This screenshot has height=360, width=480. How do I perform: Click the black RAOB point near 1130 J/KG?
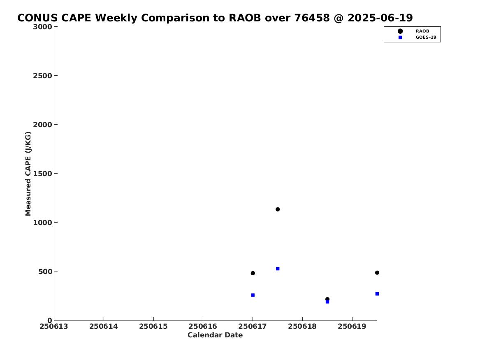[x=278, y=209]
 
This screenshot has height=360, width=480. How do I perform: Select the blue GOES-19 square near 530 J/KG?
[x=278, y=269]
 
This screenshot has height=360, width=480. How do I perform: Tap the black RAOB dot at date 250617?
[x=253, y=273]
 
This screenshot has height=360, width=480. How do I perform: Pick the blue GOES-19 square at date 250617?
[x=253, y=295]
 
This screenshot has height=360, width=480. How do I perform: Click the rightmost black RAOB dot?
[x=377, y=273]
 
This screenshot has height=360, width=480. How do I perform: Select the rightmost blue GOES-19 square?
[x=377, y=294]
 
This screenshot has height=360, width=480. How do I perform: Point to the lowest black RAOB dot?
[x=327, y=299]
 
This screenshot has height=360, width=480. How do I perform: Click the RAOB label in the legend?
[x=422, y=31]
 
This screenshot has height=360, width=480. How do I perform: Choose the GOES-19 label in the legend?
[x=426, y=37]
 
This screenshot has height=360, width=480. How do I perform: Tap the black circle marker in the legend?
[x=400, y=31]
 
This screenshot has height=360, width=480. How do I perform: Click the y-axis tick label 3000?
[x=42, y=27]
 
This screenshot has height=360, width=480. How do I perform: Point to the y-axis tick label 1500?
[x=42, y=174]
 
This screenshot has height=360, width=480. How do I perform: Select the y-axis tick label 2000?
[x=42, y=125]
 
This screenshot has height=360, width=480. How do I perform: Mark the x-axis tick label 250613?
[x=54, y=326]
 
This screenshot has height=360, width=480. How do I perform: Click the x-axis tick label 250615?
[x=153, y=326]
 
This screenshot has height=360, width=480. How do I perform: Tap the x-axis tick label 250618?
[x=302, y=326]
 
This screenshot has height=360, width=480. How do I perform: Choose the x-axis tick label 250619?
[x=352, y=326]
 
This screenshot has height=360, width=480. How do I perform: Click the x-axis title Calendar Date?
[x=215, y=335]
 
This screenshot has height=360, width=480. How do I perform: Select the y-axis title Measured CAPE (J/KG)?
[x=28, y=174]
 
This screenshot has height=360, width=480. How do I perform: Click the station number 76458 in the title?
[x=312, y=18]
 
